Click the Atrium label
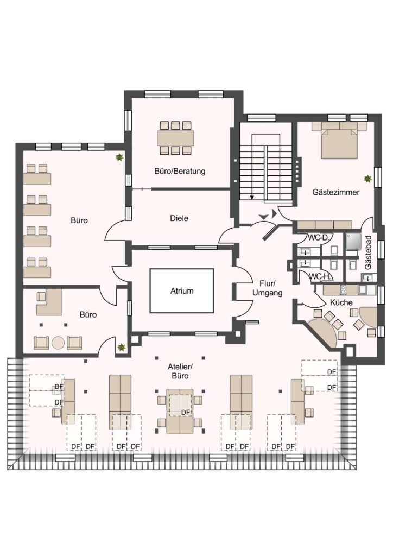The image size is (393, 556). click(182, 291)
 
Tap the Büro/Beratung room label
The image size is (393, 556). click(180, 171)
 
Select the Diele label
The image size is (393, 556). click(179, 218)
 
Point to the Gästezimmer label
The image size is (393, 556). click(335, 192)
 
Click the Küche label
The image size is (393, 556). click(341, 302)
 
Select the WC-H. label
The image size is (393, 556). click(320, 276)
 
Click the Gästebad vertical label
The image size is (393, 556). click(369, 252)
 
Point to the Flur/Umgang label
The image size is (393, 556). click(267, 288)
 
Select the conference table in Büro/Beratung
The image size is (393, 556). click(176, 138)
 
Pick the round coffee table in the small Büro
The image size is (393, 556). click(58, 343)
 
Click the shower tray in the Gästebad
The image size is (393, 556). click(353, 240)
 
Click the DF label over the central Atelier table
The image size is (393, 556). click(185, 413)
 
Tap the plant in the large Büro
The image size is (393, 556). click(120, 157)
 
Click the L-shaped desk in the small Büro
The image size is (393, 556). click(49, 302)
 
